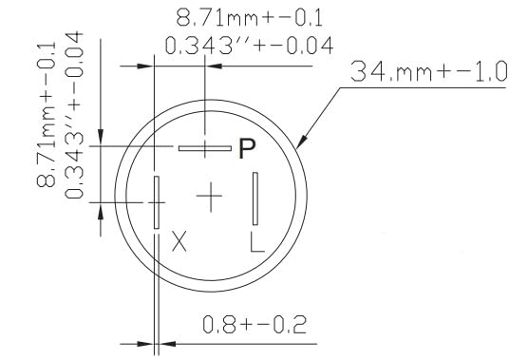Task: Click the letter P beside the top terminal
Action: tap(247, 148)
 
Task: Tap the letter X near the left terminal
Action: tap(179, 241)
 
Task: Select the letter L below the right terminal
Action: tap(257, 241)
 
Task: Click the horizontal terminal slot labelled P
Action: tap(205, 148)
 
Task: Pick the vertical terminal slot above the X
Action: tap(157, 202)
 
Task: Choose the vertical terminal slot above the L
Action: tap(255, 199)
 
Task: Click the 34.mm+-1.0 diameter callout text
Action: tap(428, 71)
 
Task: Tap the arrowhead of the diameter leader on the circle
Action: tap(301, 142)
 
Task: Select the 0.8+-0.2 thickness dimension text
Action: tap(254, 324)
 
